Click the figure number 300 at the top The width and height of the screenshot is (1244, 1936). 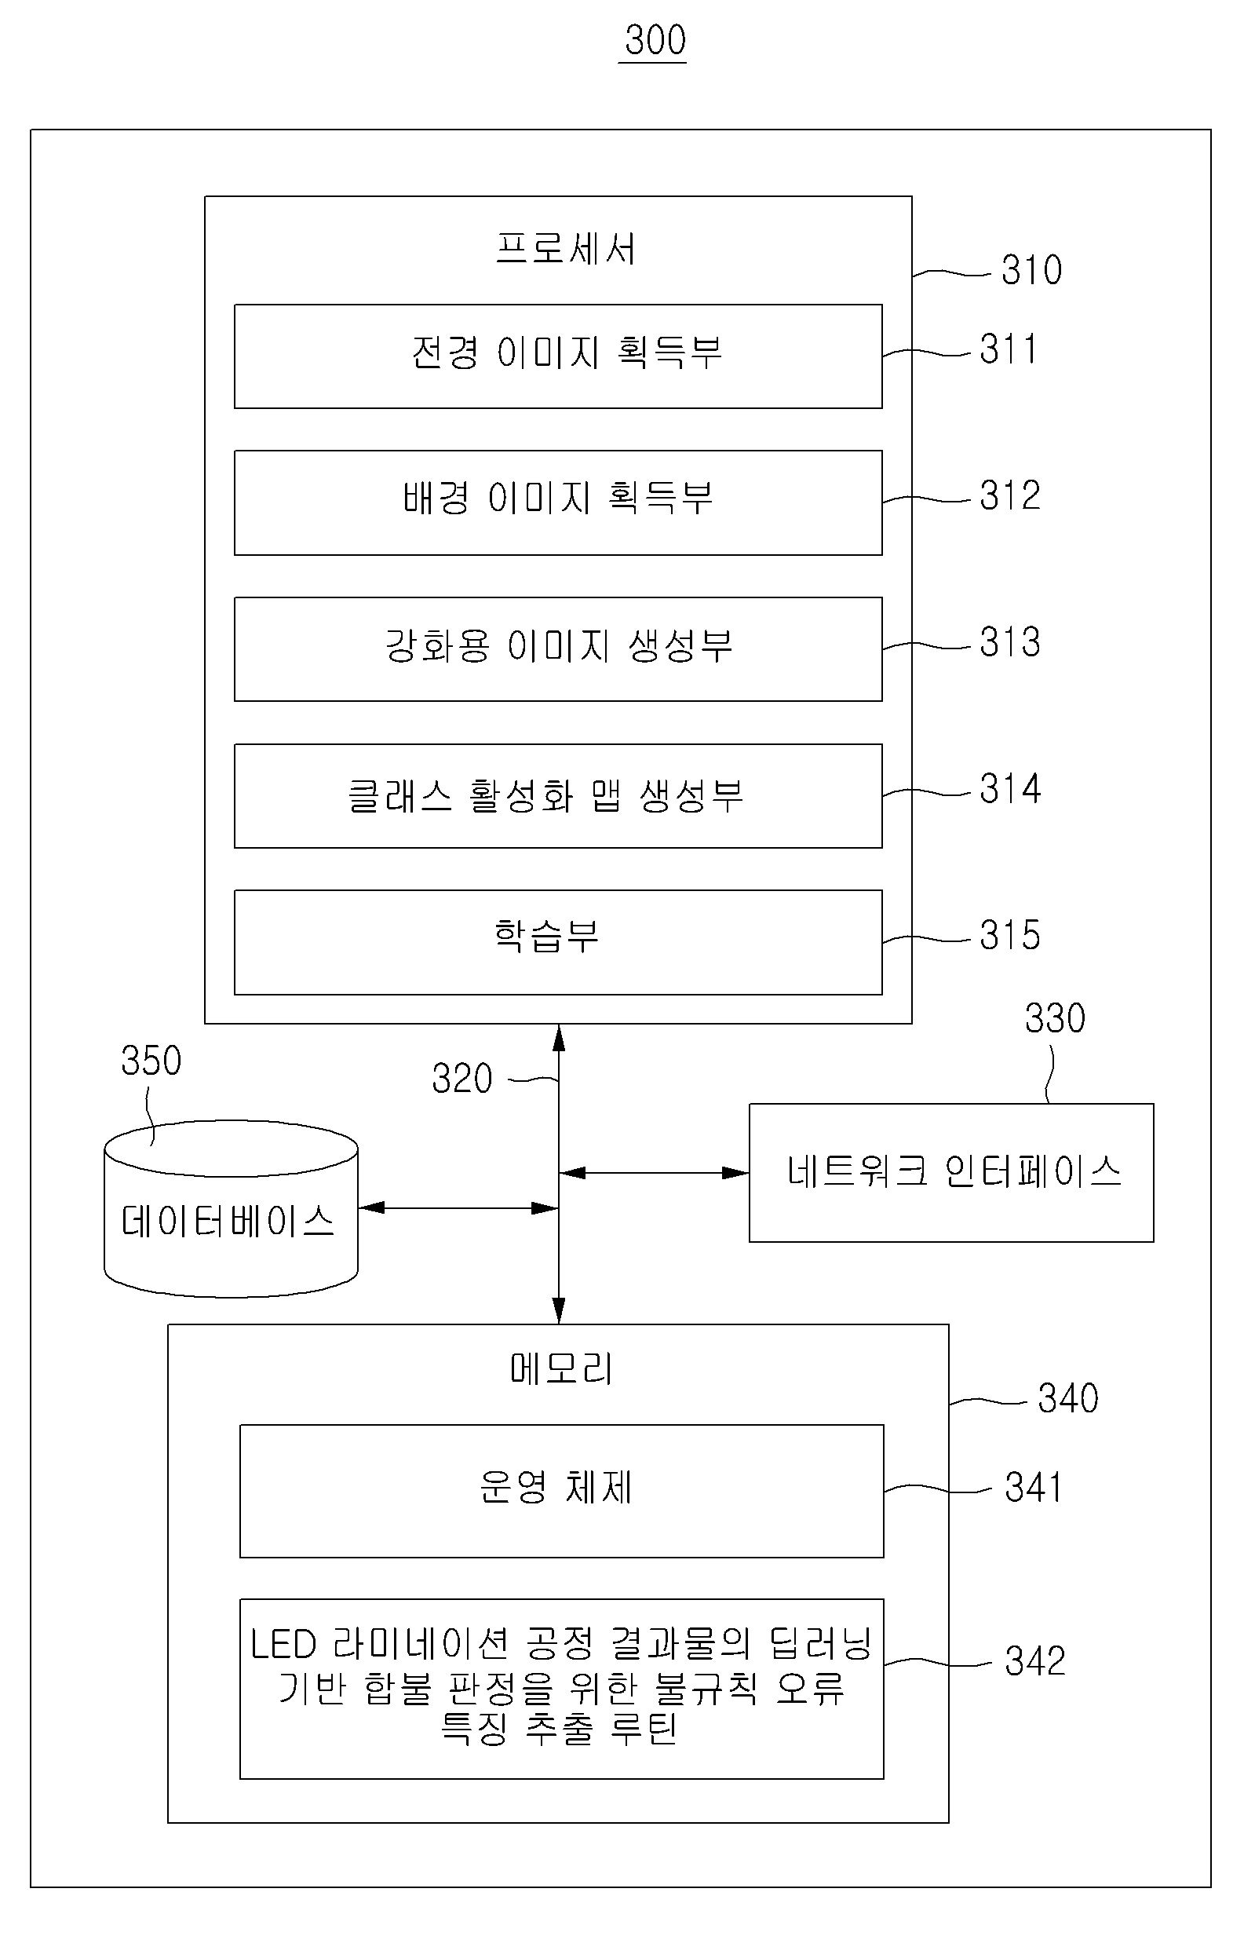pos(655,39)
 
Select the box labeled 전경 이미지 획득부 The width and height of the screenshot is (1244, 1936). pos(558,356)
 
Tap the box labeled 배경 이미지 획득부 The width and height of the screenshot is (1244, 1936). pos(558,502)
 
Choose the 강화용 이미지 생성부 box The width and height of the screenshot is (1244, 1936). pos(558,648)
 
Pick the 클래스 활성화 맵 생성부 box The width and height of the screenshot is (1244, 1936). pos(558,796)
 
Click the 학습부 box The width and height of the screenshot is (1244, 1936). pos(558,942)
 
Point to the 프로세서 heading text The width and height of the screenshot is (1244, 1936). pos(565,248)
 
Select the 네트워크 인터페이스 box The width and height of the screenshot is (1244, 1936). pos(951,1172)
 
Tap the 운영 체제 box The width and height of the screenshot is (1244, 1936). pos(561,1491)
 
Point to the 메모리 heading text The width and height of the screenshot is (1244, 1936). pos(561,1368)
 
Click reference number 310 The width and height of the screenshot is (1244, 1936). pos(1031,270)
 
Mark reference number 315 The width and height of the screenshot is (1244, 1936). pos(1010,935)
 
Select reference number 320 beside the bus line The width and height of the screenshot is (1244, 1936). pos(462,1079)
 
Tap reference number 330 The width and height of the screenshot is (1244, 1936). pos(1055,1018)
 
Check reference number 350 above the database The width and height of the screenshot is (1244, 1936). pos(151,1060)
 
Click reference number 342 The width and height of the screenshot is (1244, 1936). pos(1034,1661)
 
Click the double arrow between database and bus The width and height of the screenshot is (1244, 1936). pos(458,1208)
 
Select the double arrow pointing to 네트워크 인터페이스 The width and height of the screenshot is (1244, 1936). pos(655,1172)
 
